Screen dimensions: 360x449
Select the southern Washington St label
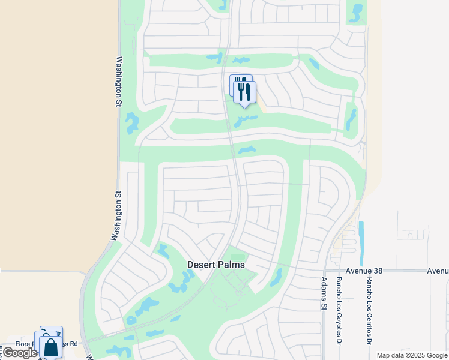point(115,217)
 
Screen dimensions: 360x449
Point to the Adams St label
point(324,293)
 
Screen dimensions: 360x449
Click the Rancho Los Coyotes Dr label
point(339,311)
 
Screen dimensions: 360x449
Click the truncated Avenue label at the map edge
point(438,271)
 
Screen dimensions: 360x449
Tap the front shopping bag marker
point(51,347)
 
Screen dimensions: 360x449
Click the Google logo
point(19,353)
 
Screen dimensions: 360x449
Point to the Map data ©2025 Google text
point(412,355)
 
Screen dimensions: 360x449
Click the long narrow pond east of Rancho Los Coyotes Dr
point(361,243)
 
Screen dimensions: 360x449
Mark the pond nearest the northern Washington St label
point(131,123)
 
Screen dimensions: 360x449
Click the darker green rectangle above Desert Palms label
point(238,257)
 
